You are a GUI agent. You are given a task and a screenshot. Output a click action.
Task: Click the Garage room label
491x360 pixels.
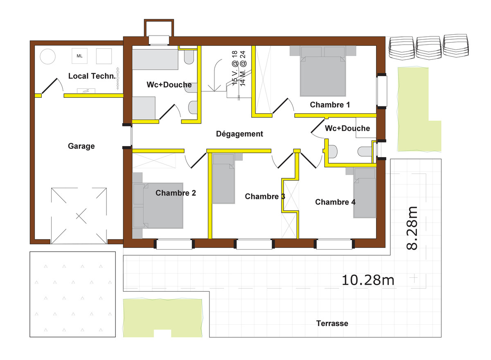click(81, 146)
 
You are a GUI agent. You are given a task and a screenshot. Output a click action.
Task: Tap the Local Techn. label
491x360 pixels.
click(92, 76)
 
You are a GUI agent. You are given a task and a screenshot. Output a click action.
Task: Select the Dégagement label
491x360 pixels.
click(240, 134)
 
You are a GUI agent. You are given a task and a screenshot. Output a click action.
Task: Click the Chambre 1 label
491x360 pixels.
click(330, 105)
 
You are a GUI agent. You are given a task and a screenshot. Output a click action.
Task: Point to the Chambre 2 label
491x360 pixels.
click(176, 193)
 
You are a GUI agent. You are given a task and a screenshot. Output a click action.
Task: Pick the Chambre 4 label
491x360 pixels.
click(335, 202)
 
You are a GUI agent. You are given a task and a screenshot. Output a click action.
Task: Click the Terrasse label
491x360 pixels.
click(332, 324)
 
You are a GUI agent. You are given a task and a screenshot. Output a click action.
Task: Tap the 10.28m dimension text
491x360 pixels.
click(368, 280)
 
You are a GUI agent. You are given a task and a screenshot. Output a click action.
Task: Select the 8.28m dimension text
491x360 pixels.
click(412, 228)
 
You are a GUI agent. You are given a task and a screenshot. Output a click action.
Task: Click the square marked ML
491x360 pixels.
click(79, 56)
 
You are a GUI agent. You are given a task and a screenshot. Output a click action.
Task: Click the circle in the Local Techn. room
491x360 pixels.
click(47, 56)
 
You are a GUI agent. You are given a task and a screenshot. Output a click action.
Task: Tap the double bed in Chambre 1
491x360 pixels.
click(323, 71)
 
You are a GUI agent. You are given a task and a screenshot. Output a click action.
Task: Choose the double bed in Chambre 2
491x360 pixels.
click(158, 206)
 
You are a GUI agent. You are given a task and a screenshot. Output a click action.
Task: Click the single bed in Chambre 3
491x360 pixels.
click(223, 179)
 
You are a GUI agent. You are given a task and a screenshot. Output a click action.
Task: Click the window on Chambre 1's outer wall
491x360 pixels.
click(382, 91)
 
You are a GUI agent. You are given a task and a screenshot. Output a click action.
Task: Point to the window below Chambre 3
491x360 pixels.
click(254, 244)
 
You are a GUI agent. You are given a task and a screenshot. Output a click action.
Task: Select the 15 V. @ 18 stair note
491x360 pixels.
click(235, 68)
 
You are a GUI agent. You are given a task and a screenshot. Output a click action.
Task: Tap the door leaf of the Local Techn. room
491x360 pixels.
click(50, 85)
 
